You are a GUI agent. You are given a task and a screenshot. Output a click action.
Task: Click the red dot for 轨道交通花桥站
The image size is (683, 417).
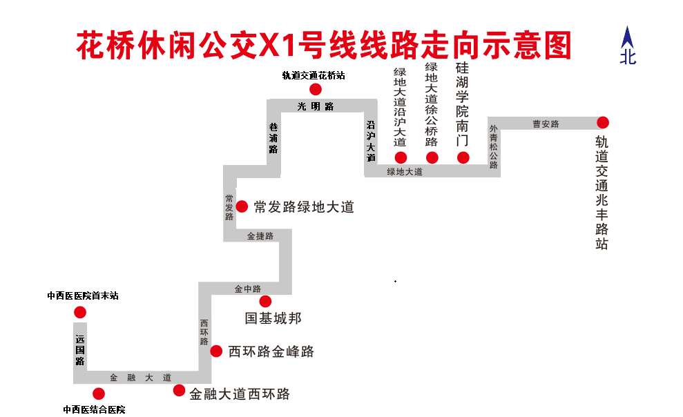[x=315, y=89]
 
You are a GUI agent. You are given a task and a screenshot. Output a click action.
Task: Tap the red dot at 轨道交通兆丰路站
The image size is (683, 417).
[x=603, y=122]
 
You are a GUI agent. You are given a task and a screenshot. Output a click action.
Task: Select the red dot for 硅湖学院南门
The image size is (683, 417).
[x=463, y=157]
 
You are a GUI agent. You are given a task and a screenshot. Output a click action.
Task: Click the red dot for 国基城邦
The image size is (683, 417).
[x=266, y=301]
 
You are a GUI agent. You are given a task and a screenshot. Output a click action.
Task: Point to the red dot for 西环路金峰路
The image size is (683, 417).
[x=216, y=351]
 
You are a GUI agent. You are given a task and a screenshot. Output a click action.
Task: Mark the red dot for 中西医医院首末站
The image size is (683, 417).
[x=80, y=312]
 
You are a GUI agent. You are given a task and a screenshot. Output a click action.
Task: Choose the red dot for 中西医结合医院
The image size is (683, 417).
[x=98, y=394]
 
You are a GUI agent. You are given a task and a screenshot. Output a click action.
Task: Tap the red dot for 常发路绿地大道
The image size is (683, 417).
[x=242, y=206]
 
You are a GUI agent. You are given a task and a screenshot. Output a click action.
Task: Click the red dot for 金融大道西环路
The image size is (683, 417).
[x=179, y=391]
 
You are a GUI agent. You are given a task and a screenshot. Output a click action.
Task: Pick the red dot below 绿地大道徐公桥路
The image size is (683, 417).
[x=432, y=157]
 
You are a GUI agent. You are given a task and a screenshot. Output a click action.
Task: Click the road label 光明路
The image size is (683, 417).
[x=316, y=106]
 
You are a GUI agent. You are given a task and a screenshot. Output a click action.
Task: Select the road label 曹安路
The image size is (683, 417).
[x=546, y=124]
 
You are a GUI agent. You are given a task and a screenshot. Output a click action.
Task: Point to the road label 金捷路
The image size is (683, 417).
[x=260, y=236]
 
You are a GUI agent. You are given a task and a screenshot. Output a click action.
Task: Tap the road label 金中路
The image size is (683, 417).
[x=248, y=289]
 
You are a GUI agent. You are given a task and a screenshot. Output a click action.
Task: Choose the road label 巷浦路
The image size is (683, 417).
[x=273, y=137]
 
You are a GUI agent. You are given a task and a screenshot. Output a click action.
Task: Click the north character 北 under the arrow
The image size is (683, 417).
[x=628, y=57]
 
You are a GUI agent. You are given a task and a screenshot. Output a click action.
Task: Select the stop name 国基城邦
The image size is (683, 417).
[x=273, y=319]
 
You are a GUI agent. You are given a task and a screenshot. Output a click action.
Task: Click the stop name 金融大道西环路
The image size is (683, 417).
[x=240, y=394]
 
